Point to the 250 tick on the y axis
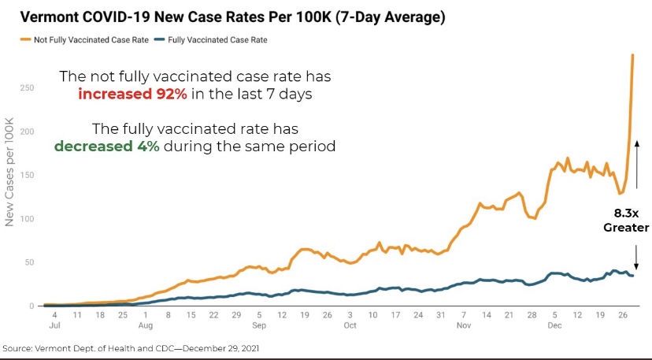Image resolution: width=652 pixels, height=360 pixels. coord(26,87)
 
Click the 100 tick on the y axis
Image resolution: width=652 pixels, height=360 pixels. coord(26,218)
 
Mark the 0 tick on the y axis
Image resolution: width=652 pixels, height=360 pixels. coord(31,306)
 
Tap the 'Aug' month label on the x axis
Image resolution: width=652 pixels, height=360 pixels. coord(145,324)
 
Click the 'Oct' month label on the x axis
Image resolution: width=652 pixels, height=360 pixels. coord(350,324)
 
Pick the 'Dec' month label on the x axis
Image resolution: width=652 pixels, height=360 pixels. coord(555,324)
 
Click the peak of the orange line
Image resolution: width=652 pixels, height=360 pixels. coord(632,55)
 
